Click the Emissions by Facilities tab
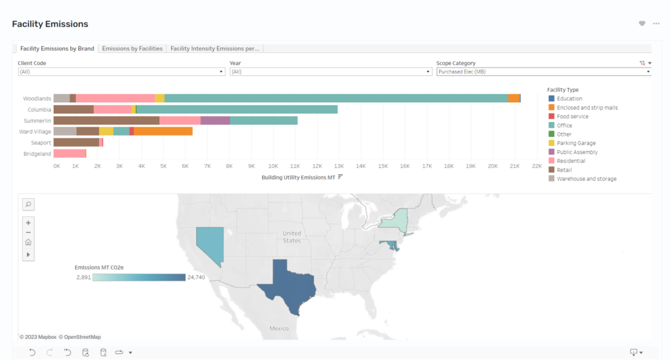coord(132,49)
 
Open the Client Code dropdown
coord(121,72)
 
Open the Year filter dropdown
coord(330,72)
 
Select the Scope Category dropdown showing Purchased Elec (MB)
coord(543,72)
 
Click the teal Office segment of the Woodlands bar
coord(336,98)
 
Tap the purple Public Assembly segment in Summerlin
coord(215,121)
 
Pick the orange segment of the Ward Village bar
coord(163,131)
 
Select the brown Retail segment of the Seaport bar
coord(76,142)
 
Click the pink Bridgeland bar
coord(69,153)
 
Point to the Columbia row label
coord(39,110)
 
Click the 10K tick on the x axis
coord(273,166)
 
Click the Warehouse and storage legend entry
coord(583,179)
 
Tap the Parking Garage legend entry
coord(571,143)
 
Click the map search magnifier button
coord(28,204)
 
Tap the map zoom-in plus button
coord(28,222)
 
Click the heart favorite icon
coord(642,24)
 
